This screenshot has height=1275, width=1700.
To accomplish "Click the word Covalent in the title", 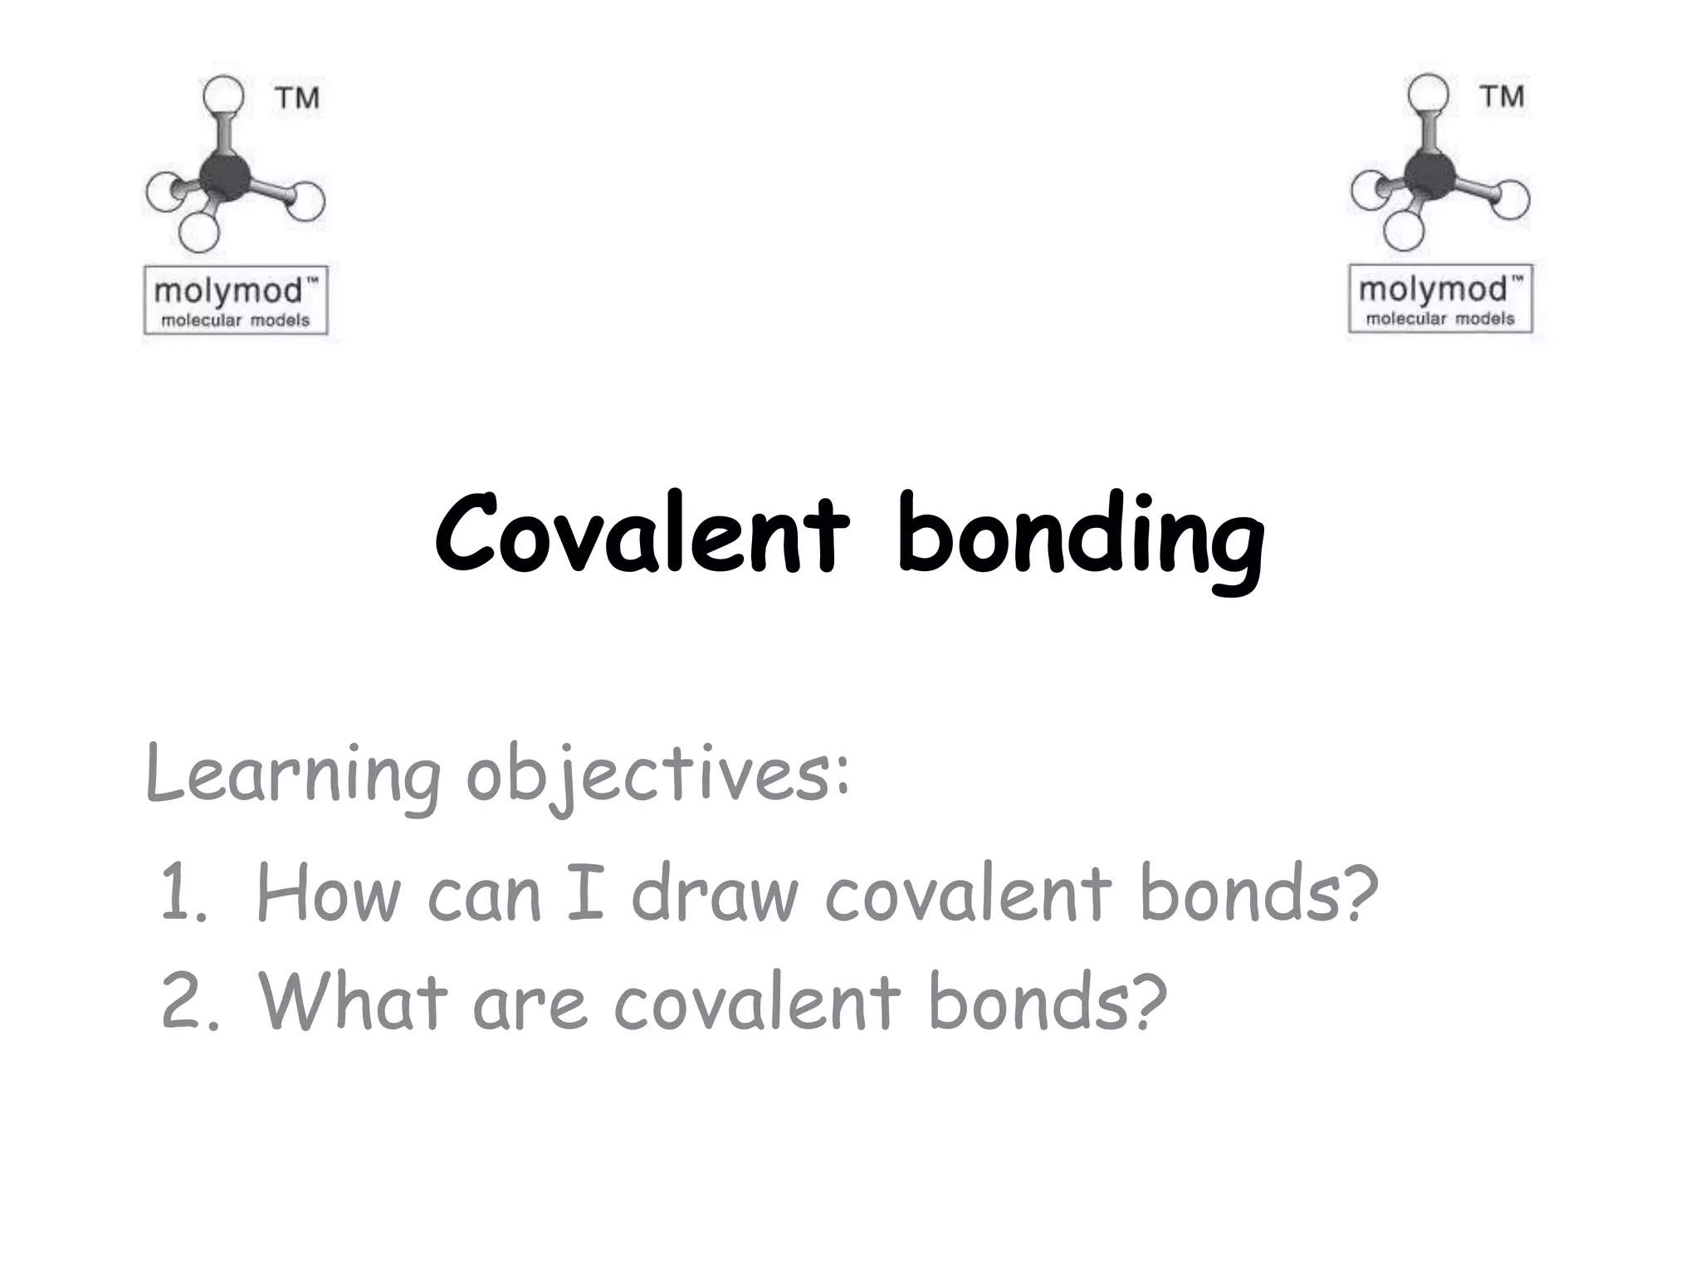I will [642, 534].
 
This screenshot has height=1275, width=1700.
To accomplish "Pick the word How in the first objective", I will [328, 893].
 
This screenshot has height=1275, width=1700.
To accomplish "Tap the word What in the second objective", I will [353, 1002].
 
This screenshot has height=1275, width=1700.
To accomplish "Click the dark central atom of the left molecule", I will [225, 176].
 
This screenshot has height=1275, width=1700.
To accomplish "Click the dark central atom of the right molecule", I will [1429, 174].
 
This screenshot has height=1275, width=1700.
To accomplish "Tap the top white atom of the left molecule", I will [223, 95].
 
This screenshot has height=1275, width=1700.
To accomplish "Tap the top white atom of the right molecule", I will [1429, 94].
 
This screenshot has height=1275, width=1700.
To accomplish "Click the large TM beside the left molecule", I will [297, 98].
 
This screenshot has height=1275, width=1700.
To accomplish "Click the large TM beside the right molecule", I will [1502, 96].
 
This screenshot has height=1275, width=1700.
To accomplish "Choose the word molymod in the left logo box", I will [227, 291].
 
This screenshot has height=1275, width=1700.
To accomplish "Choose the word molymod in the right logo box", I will [1432, 290].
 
